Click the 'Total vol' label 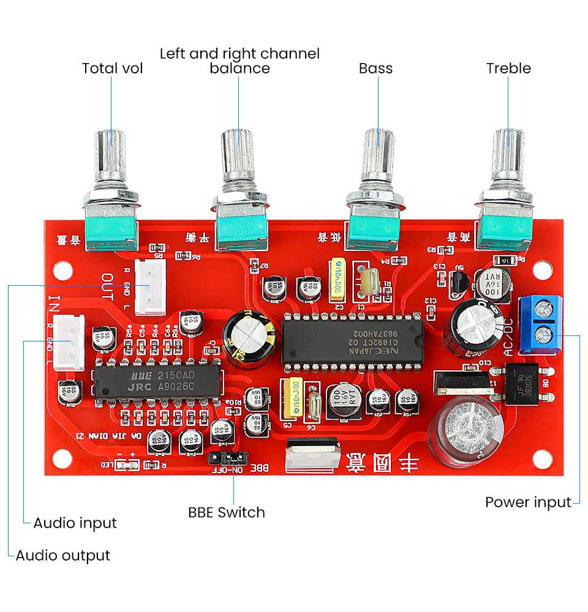pyautogui.click(x=112, y=68)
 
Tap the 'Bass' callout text pyautogui.click(x=375, y=68)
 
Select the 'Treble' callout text pyautogui.click(x=508, y=68)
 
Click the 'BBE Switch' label pyautogui.click(x=227, y=512)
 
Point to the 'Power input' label pyautogui.click(x=528, y=502)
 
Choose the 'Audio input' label pyautogui.click(x=75, y=523)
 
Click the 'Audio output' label pyautogui.click(x=62, y=556)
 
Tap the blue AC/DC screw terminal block pyautogui.click(x=540, y=325)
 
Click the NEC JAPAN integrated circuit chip pyautogui.click(x=352, y=342)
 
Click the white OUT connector pyautogui.click(x=150, y=283)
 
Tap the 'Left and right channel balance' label pyautogui.click(x=239, y=61)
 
